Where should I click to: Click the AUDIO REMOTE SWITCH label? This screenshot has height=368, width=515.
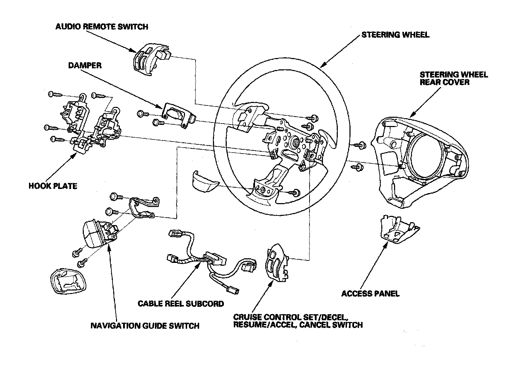(x=102, y=27)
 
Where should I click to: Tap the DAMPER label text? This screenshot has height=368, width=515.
(x=85, y=65)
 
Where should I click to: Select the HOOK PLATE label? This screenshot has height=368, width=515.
(x=53, y=186)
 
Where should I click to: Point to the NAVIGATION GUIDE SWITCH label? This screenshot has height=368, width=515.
(x=145, y=326)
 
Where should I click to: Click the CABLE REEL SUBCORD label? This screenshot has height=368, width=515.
(x=181, y=304)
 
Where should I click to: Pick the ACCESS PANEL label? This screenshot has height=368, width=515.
(x=370, y=293)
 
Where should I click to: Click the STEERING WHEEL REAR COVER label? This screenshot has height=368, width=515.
(x=453, y=78)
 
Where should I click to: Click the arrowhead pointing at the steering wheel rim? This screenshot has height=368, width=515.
(x=322, y=65)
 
